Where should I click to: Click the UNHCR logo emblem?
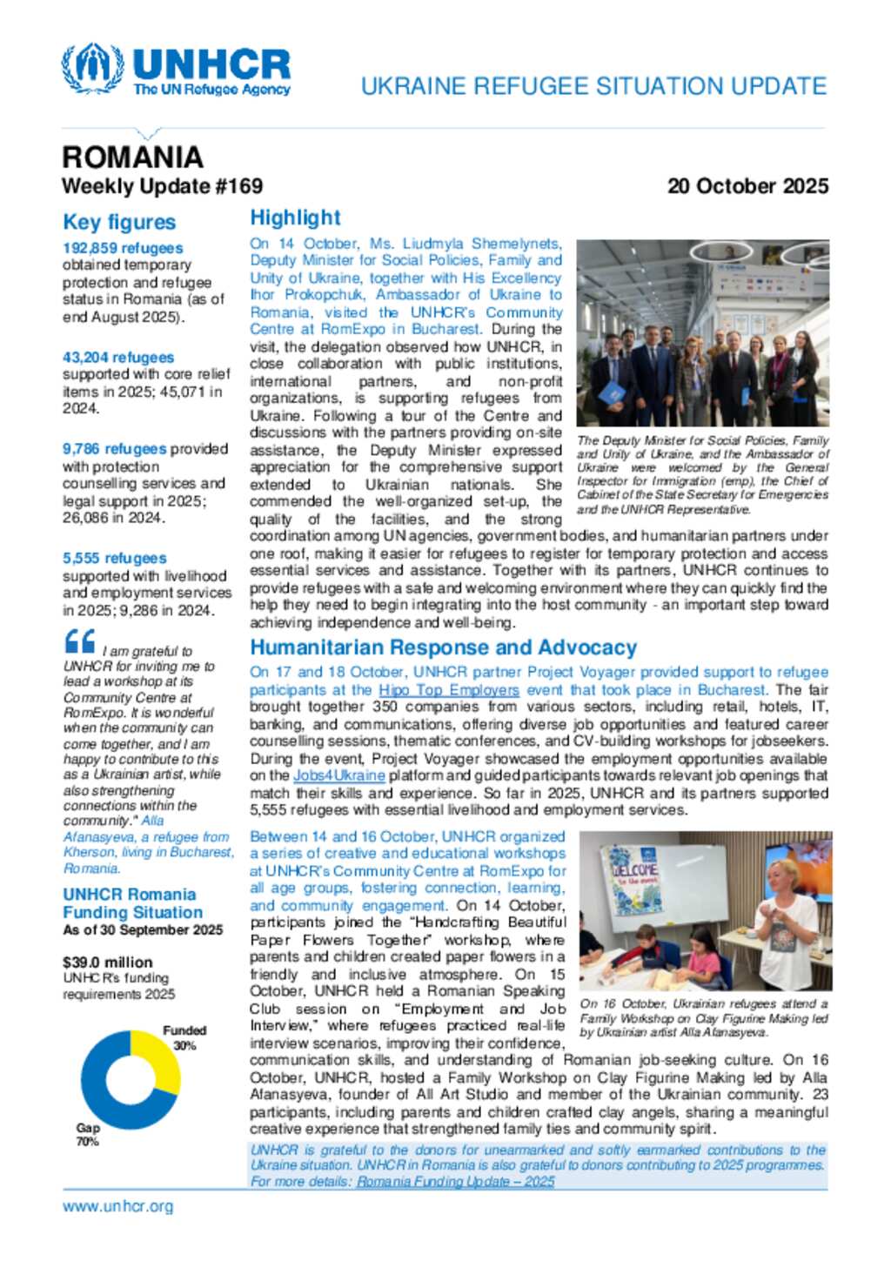point(91,68)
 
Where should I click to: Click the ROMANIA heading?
point(132,158)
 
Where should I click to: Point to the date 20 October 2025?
point(747,186)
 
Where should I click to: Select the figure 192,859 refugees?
point(123,248)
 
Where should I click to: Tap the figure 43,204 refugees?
point(118,358)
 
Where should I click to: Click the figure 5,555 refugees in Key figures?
point(115,559)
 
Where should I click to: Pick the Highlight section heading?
point(295,218)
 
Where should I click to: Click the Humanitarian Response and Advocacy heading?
point(443,647)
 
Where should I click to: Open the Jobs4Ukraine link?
point(339,775)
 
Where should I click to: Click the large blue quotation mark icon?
point(80,642)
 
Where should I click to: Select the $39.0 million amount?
point(107,963)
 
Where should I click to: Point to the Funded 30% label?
point(184,1037)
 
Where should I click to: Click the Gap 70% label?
point(88,1135)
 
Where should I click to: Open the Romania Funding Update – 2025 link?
point(455,1182)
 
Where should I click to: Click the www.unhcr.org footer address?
point(117,1206)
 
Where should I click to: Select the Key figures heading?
point(119,223)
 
